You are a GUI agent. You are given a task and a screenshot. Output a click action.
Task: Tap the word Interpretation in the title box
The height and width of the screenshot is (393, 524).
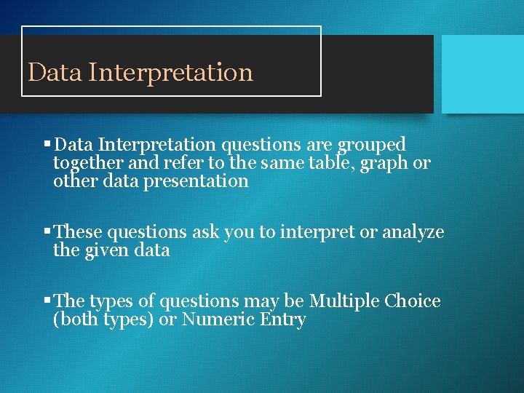(x=171, y=73)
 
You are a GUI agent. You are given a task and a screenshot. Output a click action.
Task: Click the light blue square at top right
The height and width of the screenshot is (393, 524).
(x=483, y=74)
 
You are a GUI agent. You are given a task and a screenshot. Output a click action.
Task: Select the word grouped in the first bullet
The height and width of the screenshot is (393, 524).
(x=376, y=145)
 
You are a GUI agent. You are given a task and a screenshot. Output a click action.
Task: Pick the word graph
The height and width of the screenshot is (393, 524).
(x=382, y=164)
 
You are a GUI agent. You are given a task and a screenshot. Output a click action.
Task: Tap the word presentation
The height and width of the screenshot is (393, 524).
(x=202, y=181)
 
